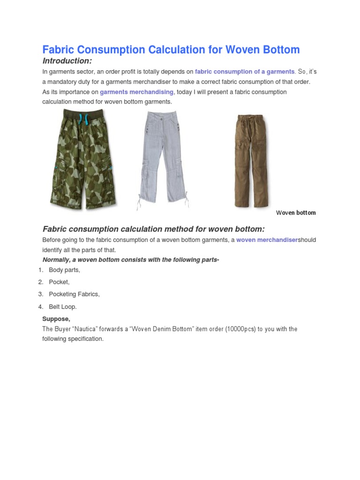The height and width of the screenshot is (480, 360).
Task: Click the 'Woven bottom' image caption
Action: click(x=296, y=213)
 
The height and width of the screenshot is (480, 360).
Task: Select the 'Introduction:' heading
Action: click(x=67, y=61)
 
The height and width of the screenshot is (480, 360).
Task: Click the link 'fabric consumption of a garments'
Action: click(x=245, y=72)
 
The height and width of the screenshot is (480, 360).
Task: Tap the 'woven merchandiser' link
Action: click(x=267, y=240)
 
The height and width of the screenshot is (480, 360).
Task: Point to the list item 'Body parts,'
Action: click(x=64, y=270)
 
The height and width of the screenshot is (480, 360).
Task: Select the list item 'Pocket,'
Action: click(x=59, y=282)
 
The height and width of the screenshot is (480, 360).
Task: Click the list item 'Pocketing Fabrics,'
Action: click(x=74, y=294)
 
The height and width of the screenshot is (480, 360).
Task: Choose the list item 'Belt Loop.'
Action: click(x=62, y=307)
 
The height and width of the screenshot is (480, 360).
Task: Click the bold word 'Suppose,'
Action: click(x=56, y=319)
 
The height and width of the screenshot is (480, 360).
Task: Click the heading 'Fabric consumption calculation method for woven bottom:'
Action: click(x=154, y=229)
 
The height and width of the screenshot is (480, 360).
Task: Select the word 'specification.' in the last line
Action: click(x=86, y=339)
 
